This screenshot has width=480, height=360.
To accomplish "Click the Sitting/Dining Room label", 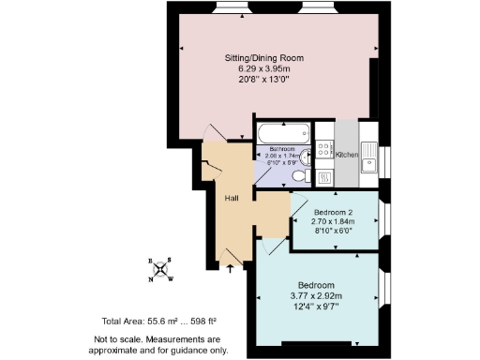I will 270,57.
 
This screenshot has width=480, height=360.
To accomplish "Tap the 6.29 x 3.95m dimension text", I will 270,67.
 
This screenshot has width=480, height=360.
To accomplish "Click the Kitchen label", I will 346,155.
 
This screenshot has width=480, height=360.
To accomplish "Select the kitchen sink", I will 371,154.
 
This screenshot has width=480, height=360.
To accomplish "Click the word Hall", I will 232,198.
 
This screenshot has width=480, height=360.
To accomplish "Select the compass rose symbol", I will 162,268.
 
